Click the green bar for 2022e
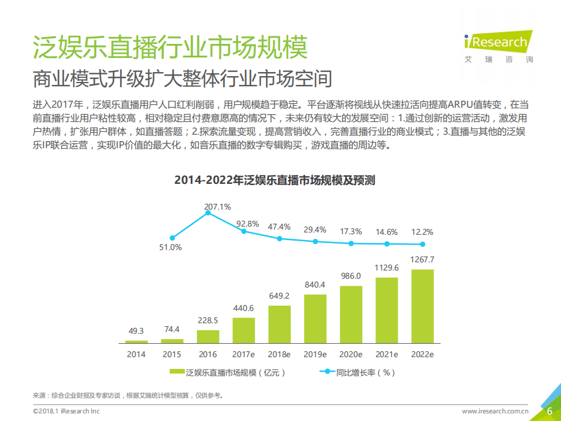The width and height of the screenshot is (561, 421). (422, 306)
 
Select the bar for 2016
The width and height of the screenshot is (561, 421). (208, 336)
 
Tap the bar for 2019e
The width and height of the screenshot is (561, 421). (315, 318)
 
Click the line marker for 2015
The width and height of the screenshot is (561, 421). (172, 238)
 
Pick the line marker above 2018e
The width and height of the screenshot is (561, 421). (280, 238)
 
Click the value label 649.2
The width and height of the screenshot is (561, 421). (280, 296)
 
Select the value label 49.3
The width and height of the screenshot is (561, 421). (136, 331)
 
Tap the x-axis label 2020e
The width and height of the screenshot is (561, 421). (351, 354)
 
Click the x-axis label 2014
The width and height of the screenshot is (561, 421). (136, 354)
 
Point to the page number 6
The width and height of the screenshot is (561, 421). (549, 411)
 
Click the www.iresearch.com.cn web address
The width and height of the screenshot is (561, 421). (495, 412)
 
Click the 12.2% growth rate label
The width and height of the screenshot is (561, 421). (422, 231)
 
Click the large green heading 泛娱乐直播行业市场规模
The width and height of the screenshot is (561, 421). (170, 47)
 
